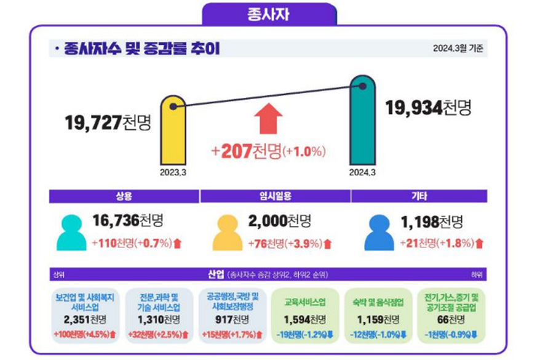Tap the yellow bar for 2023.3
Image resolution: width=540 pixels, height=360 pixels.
(x=173, y=132)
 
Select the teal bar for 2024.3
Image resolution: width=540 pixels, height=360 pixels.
(x=362, y=123)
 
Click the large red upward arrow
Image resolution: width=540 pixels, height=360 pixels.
(x=268, y=118)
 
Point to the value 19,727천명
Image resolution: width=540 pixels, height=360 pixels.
(x=108, y=122)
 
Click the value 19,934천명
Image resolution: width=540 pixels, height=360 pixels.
(x=428, y=108)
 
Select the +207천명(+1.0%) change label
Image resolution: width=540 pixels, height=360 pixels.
(x=268, y=150)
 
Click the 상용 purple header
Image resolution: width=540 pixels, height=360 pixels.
(x=124, y=196)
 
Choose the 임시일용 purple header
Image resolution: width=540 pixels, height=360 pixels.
(x=275, y=196)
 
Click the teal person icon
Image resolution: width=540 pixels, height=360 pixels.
(x=71, y=233)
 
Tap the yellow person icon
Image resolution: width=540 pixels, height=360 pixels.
(x=227, y=233)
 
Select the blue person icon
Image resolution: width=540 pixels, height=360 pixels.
(x=379, y=233)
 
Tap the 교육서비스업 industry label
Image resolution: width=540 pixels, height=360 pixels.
(x=304, y=303)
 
